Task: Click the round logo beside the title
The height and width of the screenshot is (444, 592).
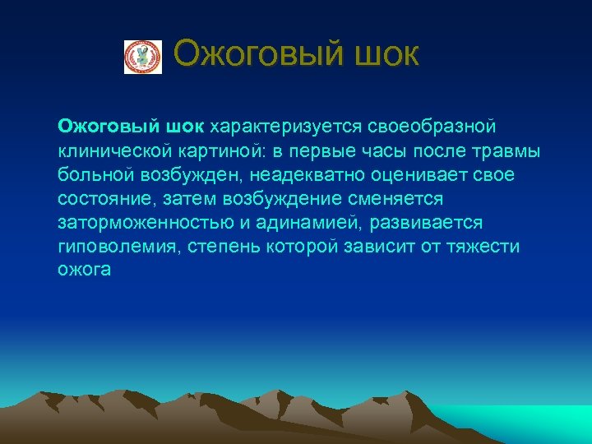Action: pos(143,57)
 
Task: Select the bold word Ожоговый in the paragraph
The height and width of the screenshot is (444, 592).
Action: pos(99,127)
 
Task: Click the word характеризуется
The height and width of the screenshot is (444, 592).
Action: pos(277,127)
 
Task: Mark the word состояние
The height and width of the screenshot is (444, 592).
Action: pos(98,199)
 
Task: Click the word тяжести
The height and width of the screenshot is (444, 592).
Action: pos(484,247)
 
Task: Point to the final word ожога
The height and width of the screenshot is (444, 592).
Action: pos(83,271)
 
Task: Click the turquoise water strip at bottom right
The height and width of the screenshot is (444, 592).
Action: pos(534,423)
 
